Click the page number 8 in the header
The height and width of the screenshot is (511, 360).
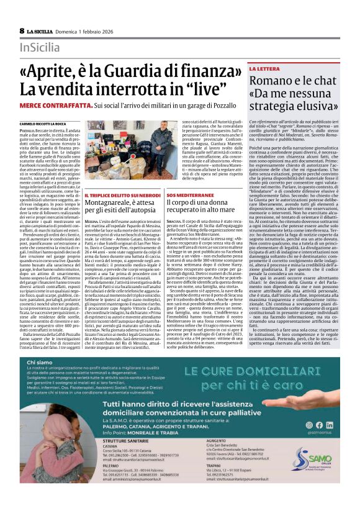tap(22, 30)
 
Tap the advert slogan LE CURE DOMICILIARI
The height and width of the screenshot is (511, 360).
tap(249, 372)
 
